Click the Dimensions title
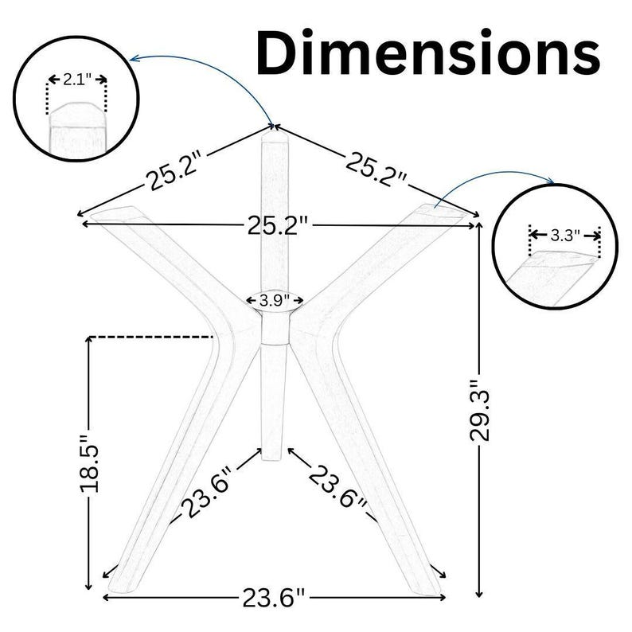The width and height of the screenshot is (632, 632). [428, 53]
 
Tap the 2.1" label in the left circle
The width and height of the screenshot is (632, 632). [77, 80]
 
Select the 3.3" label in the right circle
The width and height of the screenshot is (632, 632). [565, 236]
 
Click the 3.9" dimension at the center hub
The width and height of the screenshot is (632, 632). [275, 300]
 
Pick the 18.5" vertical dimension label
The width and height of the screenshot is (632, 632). [89, 463]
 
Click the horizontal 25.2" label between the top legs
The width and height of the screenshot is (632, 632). [278, 225]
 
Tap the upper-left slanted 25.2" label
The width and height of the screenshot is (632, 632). [174, 169]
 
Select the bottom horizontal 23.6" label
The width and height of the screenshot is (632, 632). [274, 598]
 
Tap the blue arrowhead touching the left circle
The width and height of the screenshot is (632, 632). [135, 60]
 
